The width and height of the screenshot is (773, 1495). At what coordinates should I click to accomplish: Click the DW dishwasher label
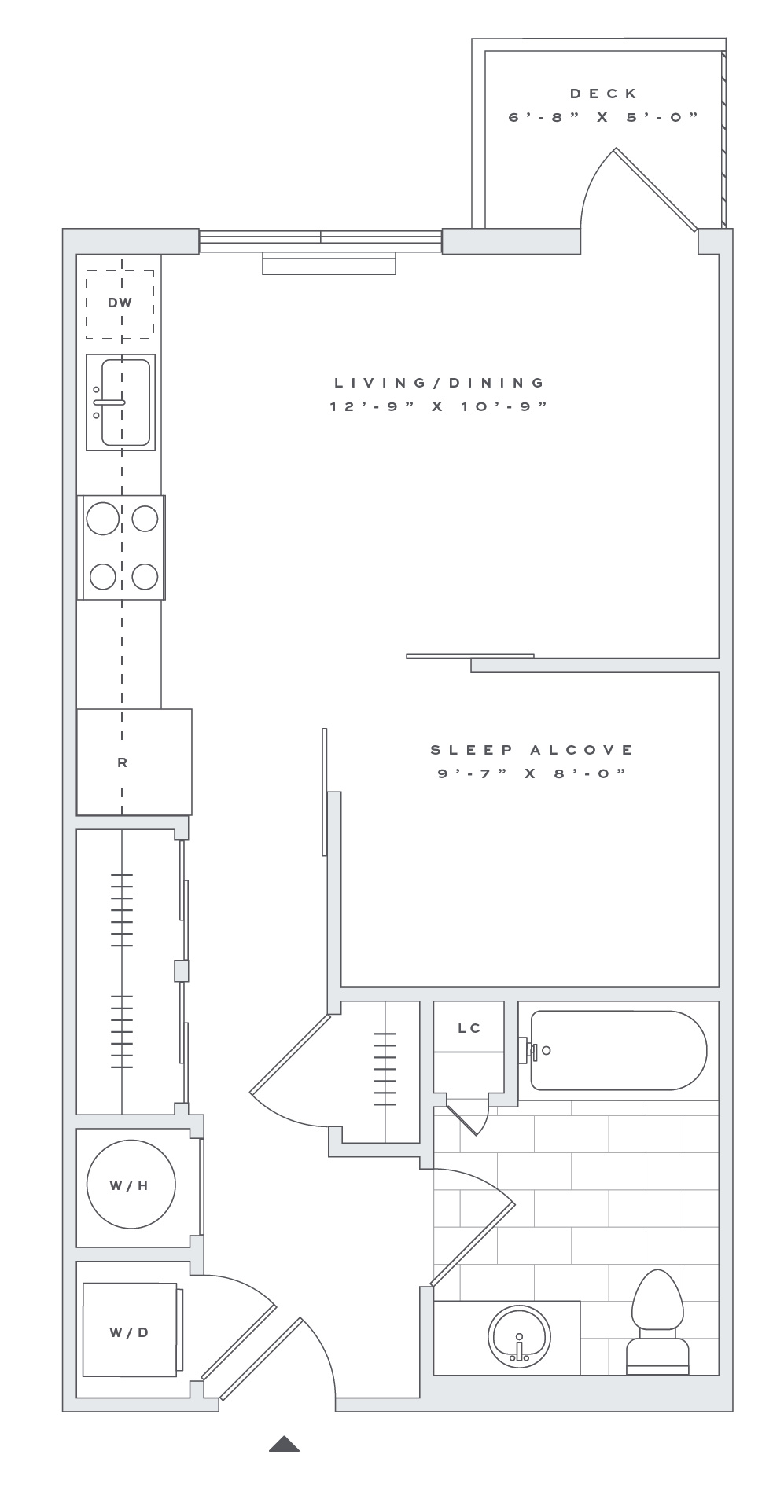[120, 303]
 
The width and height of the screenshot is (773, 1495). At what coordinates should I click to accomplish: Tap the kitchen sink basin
[125, 402]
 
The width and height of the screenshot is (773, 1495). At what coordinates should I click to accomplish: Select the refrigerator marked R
[134, 762]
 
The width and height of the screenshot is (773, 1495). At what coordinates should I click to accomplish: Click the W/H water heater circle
[131, 1185]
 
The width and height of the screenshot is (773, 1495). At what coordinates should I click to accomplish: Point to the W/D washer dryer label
[129, 1332]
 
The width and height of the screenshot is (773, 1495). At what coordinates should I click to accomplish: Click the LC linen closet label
[469, 1028]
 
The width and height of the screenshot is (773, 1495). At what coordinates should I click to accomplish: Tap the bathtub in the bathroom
[618, 1050]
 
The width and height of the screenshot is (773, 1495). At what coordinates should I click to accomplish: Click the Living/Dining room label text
[440, 383]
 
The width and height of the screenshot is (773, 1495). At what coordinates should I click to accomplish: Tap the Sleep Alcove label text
[532, 750]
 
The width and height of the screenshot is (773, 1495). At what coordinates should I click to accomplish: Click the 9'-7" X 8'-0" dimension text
[532, 773]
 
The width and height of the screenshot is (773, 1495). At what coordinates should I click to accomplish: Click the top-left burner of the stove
[103, 519]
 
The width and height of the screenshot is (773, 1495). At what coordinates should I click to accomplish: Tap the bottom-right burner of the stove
[145, 576]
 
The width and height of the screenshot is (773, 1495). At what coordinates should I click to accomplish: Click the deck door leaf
[655, 190]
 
